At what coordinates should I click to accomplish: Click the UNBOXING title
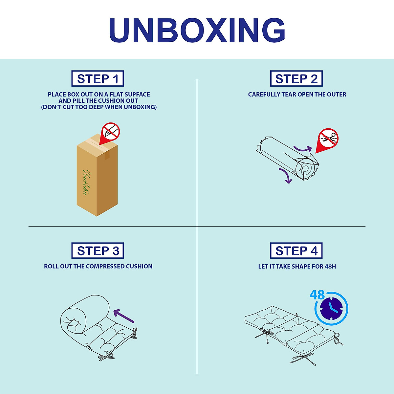197,30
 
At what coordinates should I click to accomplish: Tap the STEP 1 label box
98,79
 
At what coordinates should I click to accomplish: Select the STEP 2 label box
296,79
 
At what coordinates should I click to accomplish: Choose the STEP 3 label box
98,251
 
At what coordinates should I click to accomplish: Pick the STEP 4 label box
296,251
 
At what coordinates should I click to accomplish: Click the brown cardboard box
97,177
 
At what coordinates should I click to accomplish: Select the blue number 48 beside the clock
317,295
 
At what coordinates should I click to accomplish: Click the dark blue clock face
332,309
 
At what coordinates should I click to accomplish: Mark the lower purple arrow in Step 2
285,176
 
